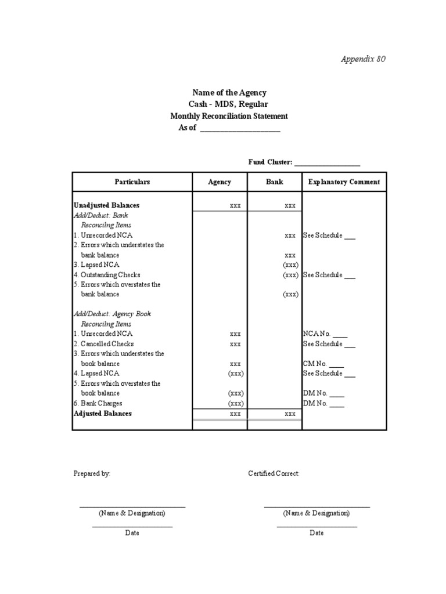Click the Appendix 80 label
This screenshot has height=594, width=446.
coord(362,59)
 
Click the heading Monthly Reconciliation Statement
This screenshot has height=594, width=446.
coord(229,116)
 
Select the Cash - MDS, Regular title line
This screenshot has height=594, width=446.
coord(229,104)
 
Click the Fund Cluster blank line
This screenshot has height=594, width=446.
coord(328,164)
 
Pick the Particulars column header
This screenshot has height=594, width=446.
coord(132,182)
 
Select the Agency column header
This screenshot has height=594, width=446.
coord(220,182)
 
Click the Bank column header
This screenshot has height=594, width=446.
coord(274,182)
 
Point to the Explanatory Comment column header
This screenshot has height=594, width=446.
coord(344,182)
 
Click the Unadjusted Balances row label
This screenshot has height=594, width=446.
coord(106,205)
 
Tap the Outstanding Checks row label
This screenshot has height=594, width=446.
coord(107,275)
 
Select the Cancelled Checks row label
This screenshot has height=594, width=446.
coord(105,344)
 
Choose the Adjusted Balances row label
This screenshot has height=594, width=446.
coord(103,414)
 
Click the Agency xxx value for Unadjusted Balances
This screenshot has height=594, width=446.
coord(235,206)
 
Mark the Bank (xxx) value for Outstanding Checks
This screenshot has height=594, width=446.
coord(290,275)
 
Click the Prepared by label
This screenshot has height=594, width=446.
coord(92,474)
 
